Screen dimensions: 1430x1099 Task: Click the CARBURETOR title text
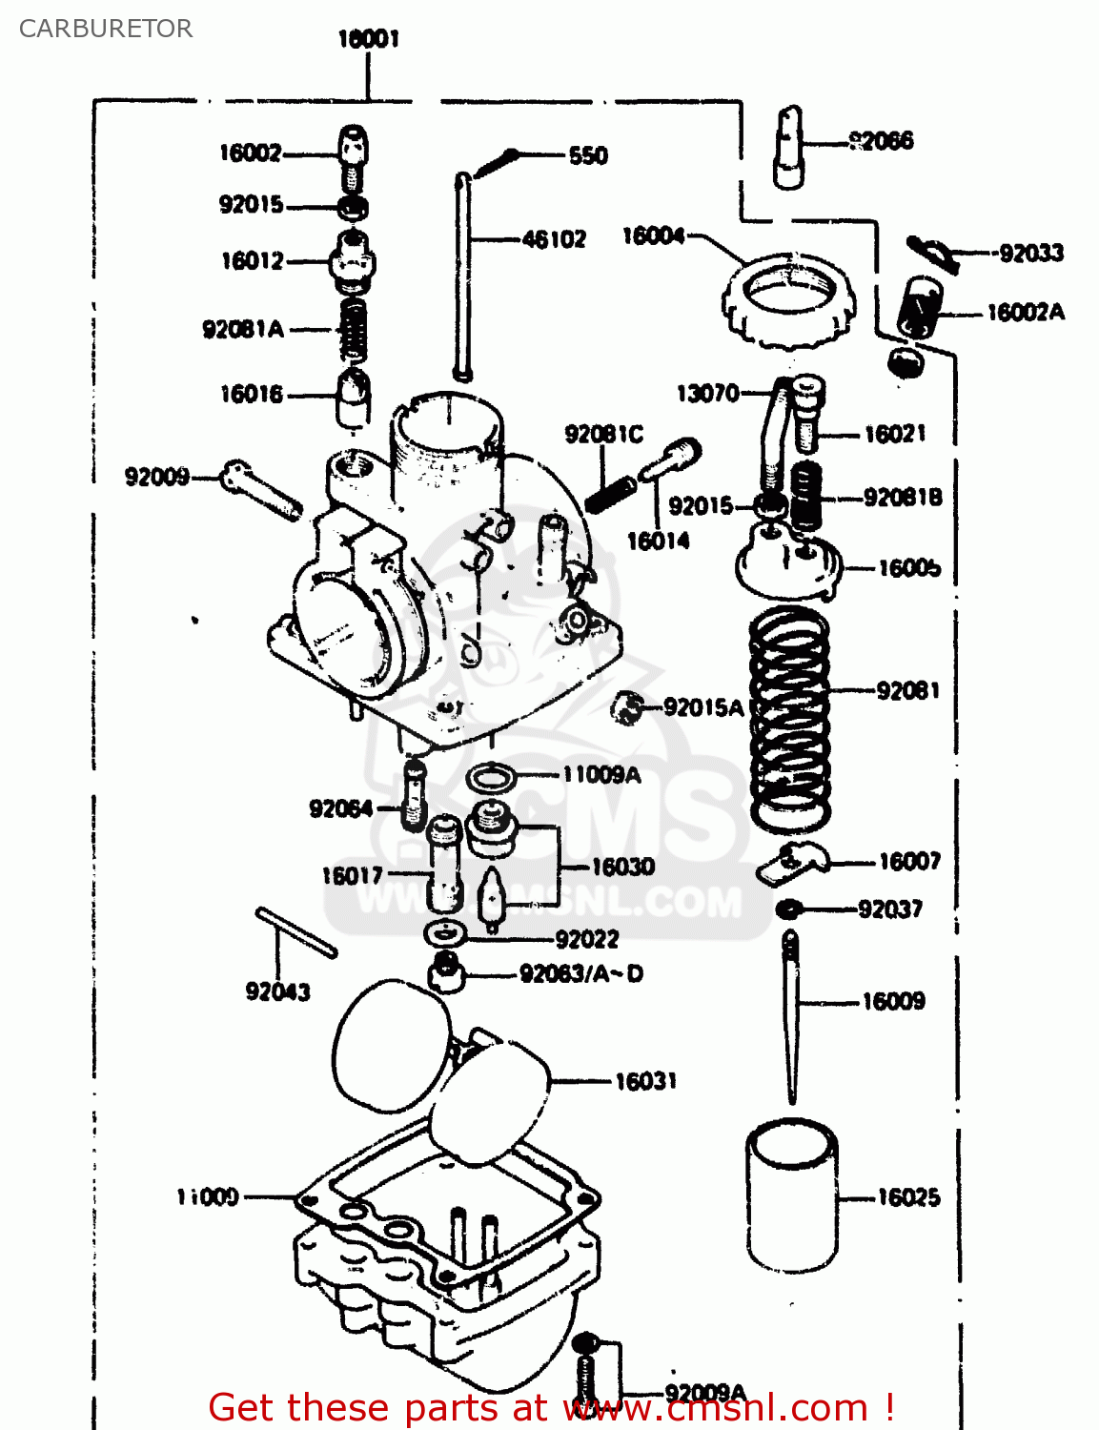106,29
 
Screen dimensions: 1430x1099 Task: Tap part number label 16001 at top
369,39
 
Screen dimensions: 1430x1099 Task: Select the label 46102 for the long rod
554,239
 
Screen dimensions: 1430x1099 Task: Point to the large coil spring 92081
790,720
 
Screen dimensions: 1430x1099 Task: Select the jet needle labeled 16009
791,1015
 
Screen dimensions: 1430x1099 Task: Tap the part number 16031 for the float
646,1081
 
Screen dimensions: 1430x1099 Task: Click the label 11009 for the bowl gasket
208,1196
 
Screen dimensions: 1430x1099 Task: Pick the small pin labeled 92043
296,931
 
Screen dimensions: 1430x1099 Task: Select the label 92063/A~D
581,974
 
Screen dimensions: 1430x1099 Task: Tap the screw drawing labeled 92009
261,490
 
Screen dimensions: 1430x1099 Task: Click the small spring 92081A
354,330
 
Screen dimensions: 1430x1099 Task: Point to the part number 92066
882,142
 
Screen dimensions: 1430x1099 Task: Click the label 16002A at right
1026,313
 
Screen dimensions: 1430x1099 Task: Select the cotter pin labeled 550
496,163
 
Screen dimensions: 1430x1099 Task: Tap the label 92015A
703,707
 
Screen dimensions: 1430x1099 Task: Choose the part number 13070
707,393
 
